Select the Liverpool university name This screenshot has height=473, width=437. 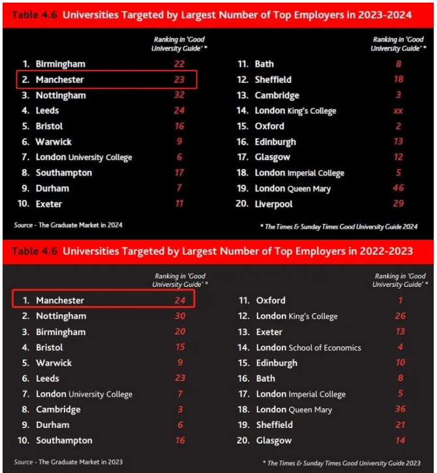pos(273,204)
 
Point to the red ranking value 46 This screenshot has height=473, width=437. pos(398,189)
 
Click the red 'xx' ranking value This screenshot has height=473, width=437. pos(398,111)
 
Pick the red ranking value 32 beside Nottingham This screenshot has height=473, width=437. pos(179,95)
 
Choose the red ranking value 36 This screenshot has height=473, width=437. pos(400,409)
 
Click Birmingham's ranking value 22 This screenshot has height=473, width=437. pos(179,64)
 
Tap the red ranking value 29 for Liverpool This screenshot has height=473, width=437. pos(398,204)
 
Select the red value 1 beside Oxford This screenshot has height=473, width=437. pos(400,301)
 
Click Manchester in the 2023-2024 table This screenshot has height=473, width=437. pos(60,80)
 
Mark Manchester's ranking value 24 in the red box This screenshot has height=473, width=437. pos(180,301)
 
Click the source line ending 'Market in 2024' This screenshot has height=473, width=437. pos(68,225)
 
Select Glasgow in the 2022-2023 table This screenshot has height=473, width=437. pos(274,440)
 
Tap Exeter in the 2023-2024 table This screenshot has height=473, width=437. pos(49,204)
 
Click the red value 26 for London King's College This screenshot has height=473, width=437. pos(400,316)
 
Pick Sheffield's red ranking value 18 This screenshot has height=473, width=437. pos(398,80)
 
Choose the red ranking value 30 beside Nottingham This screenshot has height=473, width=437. pos(180,316)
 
